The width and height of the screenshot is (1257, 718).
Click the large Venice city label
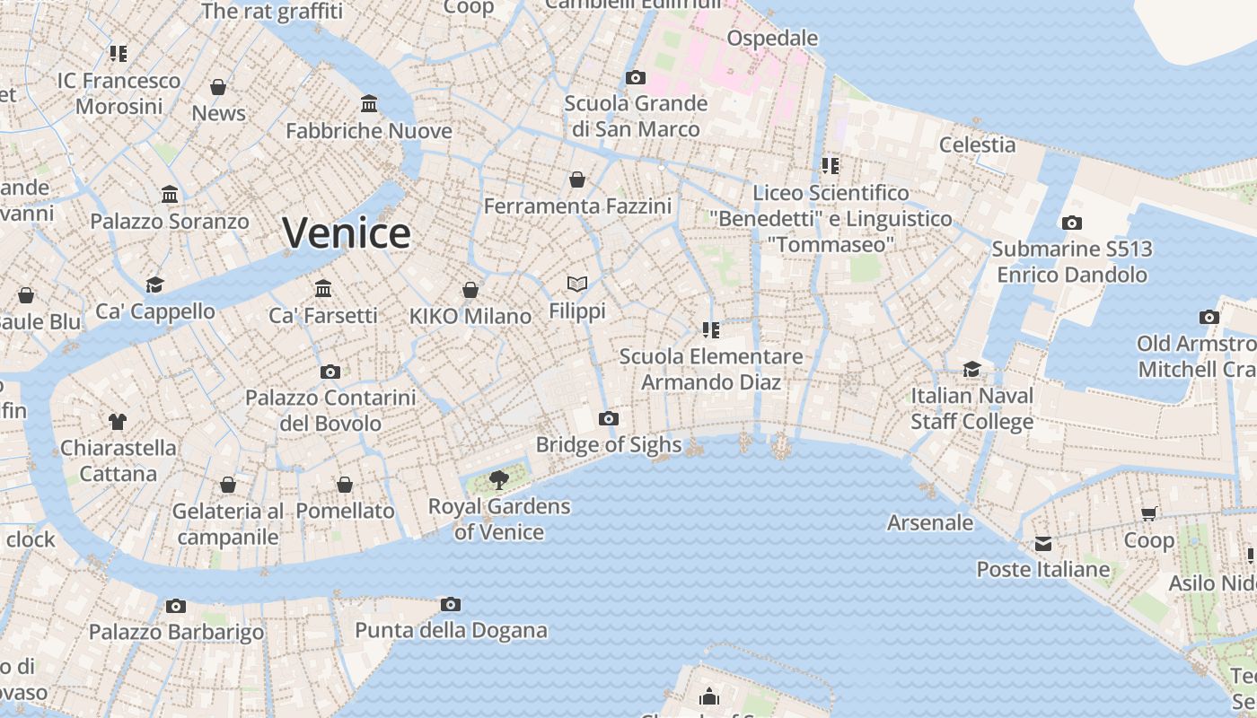(347, 233)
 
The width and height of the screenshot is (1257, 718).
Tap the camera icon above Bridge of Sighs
(609, 418)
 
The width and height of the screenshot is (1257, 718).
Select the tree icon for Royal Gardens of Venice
(499, 480)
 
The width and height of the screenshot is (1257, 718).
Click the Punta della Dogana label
(451, 630)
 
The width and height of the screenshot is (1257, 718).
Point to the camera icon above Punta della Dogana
(451, 604)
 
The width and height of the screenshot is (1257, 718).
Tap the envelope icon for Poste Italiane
(1042, 544)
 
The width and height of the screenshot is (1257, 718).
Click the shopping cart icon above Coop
(1148, 514)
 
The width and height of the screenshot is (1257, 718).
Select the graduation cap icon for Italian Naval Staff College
(971, 370)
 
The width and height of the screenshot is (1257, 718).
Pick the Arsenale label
(929, 522)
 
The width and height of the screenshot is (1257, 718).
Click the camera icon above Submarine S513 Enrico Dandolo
(1071, 223)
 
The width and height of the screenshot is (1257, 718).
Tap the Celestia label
(977, 144)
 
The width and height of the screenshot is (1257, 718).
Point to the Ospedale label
(772, 39)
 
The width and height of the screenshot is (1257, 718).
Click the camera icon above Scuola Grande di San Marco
(635, 77)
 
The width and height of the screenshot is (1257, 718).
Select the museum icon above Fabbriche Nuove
(369, 104)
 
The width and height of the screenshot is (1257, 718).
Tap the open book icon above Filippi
(577, 285)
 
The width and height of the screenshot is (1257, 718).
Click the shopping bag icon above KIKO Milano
(470, 290)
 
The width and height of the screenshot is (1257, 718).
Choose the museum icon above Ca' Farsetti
(323, 289)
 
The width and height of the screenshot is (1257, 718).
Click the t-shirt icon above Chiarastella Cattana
(118, 421)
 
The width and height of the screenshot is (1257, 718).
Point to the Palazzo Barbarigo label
(176, 632)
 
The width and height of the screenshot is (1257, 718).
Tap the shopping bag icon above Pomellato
(345, 485)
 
